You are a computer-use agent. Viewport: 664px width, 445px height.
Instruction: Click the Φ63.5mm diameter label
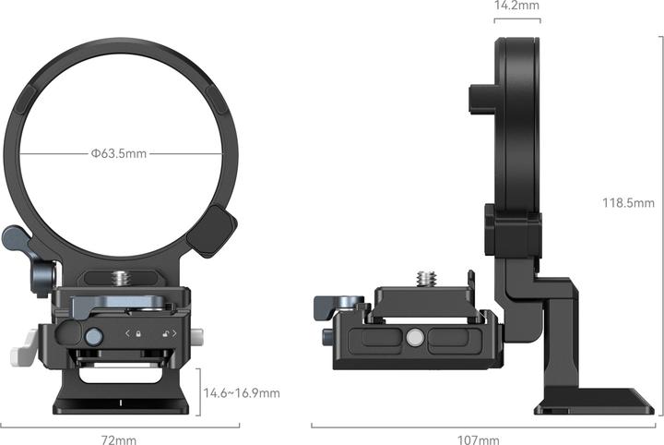pos(119,153)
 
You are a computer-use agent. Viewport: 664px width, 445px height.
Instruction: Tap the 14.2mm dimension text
pos(516,6)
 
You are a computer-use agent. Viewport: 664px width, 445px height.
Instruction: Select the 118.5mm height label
pos(630,203)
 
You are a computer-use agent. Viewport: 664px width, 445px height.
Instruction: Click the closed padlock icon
pos(137,335)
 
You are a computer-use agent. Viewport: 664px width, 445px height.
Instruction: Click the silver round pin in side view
pos(414,339)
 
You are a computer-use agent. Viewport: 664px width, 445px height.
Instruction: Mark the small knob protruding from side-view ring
pos(480,97)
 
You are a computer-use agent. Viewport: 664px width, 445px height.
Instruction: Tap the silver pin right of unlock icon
pos(196,335)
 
